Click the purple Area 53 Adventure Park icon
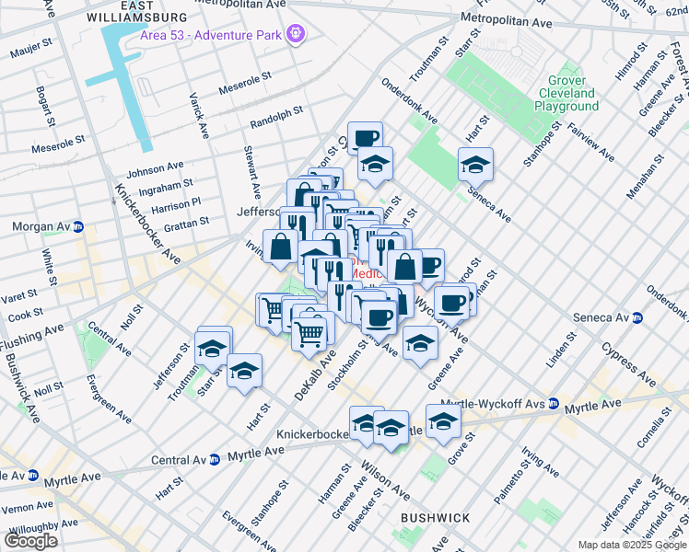(296, 35)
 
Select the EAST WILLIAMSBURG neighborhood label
(155, 11)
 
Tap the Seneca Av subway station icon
(637, 317)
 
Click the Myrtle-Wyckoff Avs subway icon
(554, 403)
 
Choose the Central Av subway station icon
(214, 459)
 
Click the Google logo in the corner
(30, 540)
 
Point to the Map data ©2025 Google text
(631, 545)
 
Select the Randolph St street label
(276, 116)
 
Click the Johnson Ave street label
(155, 169)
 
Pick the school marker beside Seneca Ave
(475, 166)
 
